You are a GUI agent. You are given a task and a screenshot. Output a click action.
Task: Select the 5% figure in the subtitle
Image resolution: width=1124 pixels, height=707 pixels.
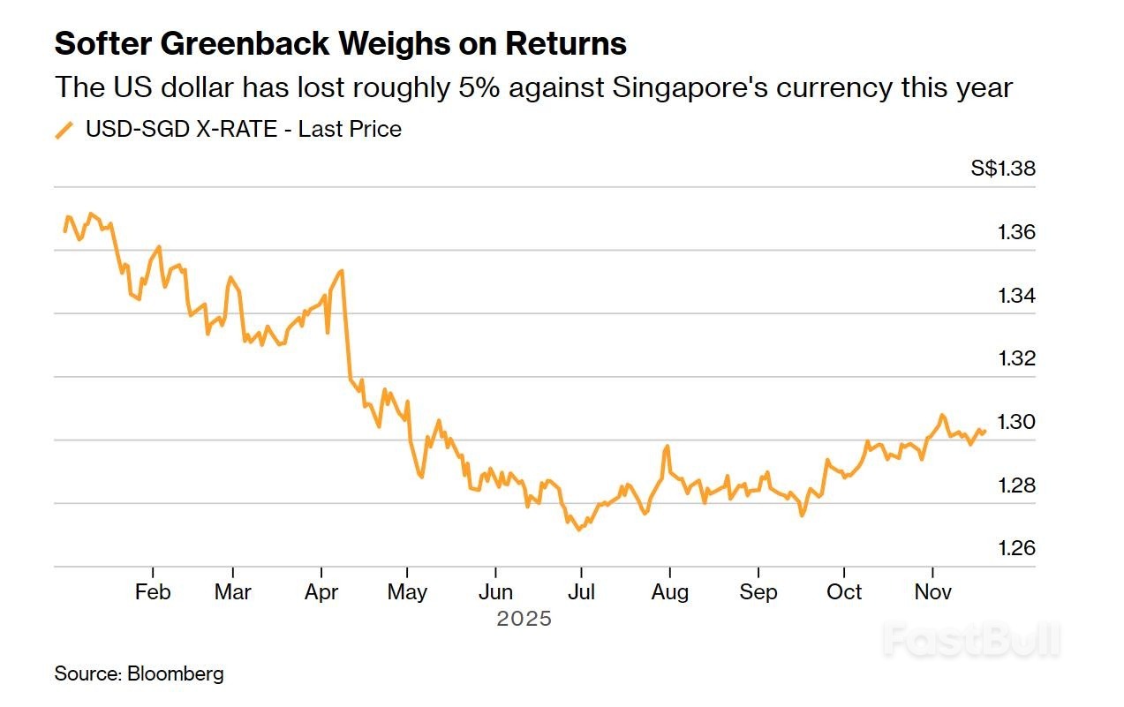point(470,87)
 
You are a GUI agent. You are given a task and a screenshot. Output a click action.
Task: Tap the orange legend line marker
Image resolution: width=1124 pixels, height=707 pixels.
point(64,130)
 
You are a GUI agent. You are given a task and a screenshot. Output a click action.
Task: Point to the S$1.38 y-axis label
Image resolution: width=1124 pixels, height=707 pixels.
point(1002,169)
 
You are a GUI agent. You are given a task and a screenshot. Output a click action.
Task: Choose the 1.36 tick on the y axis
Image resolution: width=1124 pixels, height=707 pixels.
point(1016,232)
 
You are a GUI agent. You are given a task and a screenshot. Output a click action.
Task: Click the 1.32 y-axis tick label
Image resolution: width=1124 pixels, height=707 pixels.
point(1016,358)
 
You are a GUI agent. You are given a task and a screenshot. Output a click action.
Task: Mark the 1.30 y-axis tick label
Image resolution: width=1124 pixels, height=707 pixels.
point(1016,422)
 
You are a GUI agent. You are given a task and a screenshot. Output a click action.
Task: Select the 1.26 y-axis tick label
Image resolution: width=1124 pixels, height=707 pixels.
point(1016,548)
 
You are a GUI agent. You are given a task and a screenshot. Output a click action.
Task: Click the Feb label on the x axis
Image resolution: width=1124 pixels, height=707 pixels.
point(153,591)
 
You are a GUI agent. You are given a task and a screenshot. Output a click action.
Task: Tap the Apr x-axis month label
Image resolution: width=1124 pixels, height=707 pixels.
point(321,591)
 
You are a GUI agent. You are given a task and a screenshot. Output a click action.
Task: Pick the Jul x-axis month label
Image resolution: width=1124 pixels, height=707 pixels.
point(581,591)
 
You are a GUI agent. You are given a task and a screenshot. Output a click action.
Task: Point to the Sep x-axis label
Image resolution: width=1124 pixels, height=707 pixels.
point(758,591)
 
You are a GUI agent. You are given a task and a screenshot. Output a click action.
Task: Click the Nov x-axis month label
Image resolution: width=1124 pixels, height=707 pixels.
point(933,591)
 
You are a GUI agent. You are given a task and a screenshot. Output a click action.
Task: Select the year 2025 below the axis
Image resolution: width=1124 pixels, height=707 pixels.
point(524,619)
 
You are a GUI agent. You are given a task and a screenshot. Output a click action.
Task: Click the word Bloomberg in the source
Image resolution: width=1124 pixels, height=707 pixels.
point(176,674)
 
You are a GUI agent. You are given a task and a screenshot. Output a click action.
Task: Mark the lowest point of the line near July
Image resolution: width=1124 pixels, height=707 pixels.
point(578,530)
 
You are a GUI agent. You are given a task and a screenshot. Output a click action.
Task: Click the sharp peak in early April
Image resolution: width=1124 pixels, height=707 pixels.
point(342,270)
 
